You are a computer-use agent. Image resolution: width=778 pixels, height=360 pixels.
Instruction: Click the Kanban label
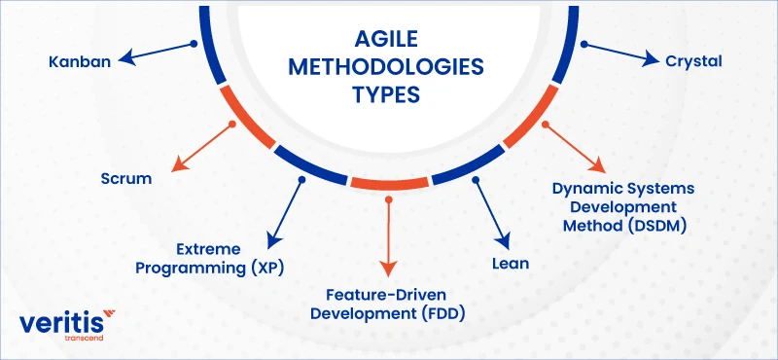80,62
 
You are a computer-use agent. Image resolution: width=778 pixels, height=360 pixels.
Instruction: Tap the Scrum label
126,178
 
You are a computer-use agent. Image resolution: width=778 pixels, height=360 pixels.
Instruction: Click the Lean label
511,263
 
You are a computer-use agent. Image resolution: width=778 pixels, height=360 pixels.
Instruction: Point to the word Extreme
208,249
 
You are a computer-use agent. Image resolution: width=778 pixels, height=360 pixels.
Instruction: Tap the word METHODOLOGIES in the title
386,67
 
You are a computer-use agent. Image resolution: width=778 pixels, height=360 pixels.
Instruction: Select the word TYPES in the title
386,94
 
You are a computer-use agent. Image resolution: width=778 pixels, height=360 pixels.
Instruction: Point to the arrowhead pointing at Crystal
653,59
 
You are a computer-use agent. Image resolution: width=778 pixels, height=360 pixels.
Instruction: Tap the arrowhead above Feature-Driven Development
388,269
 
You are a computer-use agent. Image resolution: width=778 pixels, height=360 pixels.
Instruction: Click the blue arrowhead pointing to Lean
503,241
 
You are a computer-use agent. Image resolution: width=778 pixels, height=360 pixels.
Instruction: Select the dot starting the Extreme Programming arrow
301,179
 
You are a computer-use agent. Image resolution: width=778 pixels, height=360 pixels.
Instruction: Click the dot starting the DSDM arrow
546,125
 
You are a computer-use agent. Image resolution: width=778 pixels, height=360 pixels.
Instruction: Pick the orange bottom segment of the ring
389,183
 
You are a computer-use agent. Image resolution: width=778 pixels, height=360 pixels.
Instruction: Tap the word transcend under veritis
85,339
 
